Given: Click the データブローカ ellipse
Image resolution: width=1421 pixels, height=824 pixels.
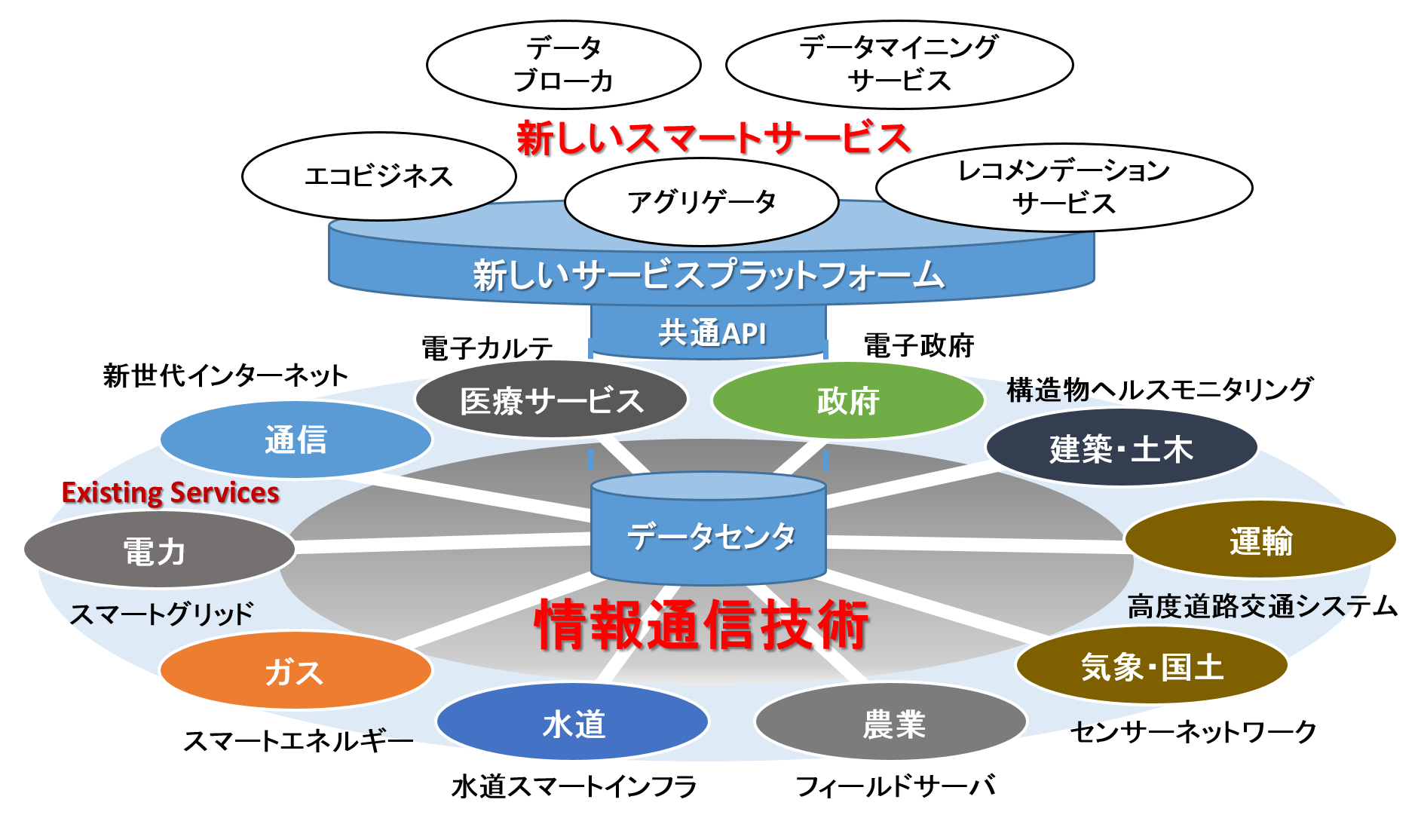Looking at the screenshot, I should click(563, 65).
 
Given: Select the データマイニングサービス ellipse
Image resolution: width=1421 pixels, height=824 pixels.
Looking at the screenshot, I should click(899, 65).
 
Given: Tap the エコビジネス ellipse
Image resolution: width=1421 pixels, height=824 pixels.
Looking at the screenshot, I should click(378, 176).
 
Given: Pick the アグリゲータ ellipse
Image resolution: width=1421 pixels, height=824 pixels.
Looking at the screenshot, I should click(701, 202).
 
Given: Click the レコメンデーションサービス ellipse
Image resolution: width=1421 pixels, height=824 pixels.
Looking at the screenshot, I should click(1063, 187).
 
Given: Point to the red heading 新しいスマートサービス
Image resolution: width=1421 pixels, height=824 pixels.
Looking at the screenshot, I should click(713, 139).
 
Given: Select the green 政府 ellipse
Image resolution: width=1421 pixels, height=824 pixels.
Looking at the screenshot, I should click(848, 400).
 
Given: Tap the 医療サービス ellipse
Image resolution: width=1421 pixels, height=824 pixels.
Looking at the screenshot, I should click(551, 400).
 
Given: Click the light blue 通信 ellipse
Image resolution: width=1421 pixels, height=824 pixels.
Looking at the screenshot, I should click(296, 440).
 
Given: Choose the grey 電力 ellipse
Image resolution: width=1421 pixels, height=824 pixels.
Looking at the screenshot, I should click(158, 550).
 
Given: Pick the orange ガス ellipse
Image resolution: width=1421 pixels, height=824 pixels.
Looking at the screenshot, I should click(296, 671).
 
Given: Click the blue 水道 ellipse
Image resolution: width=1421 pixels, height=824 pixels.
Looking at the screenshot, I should click(573, 723).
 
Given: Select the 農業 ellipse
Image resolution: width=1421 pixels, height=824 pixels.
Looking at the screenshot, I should click(892, 723).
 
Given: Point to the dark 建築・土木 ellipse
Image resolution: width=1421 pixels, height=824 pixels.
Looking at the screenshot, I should click(1121, 449).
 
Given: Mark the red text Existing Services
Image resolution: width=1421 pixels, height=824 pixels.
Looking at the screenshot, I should click(170, 493).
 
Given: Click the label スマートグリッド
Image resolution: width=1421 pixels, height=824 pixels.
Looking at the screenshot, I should click(161, 614).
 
